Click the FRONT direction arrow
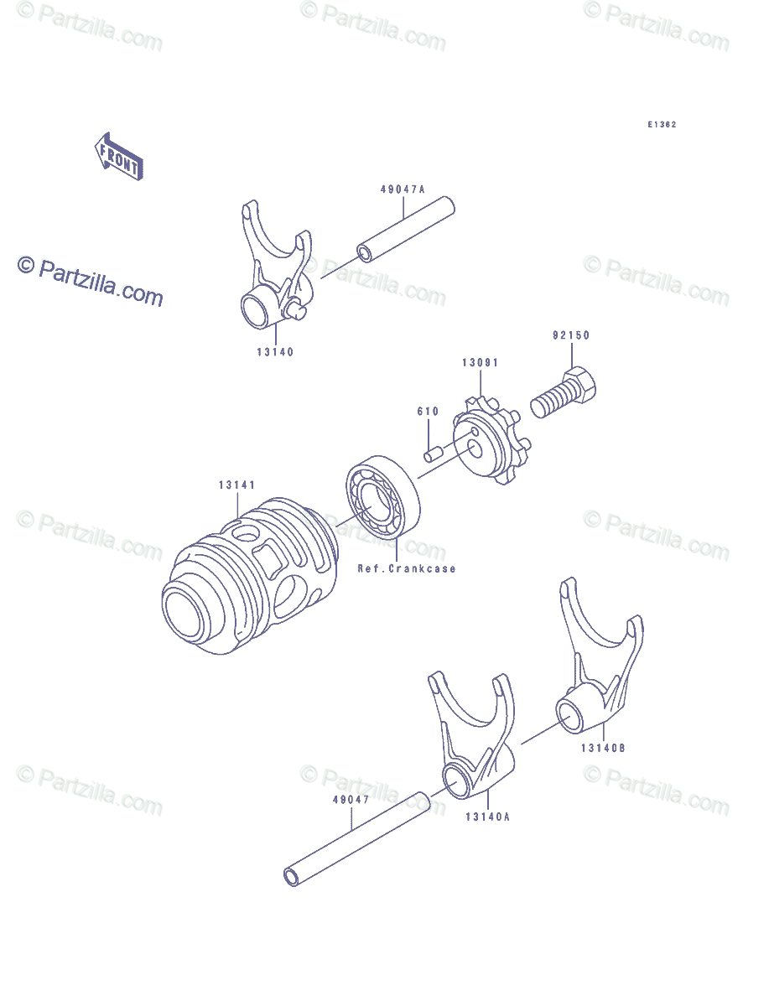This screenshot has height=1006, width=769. tap(118, 157)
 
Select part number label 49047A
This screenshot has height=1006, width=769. tap(403, 189)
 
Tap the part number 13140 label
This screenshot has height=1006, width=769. tap(275, 352)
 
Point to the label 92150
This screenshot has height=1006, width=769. tap(570, 335)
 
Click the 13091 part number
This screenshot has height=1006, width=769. tap(480, 363)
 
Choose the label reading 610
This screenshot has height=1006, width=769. tap(428, 412)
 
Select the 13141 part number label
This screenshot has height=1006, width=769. tap(237, 485)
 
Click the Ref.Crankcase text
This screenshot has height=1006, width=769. tap(407, 568)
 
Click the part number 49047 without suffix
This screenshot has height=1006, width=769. tap(351, 800)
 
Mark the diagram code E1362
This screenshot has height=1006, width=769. tap(661, 125)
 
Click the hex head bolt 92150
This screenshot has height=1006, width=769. tap(567, 394)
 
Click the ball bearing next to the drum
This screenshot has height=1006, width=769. tap(383, 504)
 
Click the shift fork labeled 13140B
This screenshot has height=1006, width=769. tap(596, 671)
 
